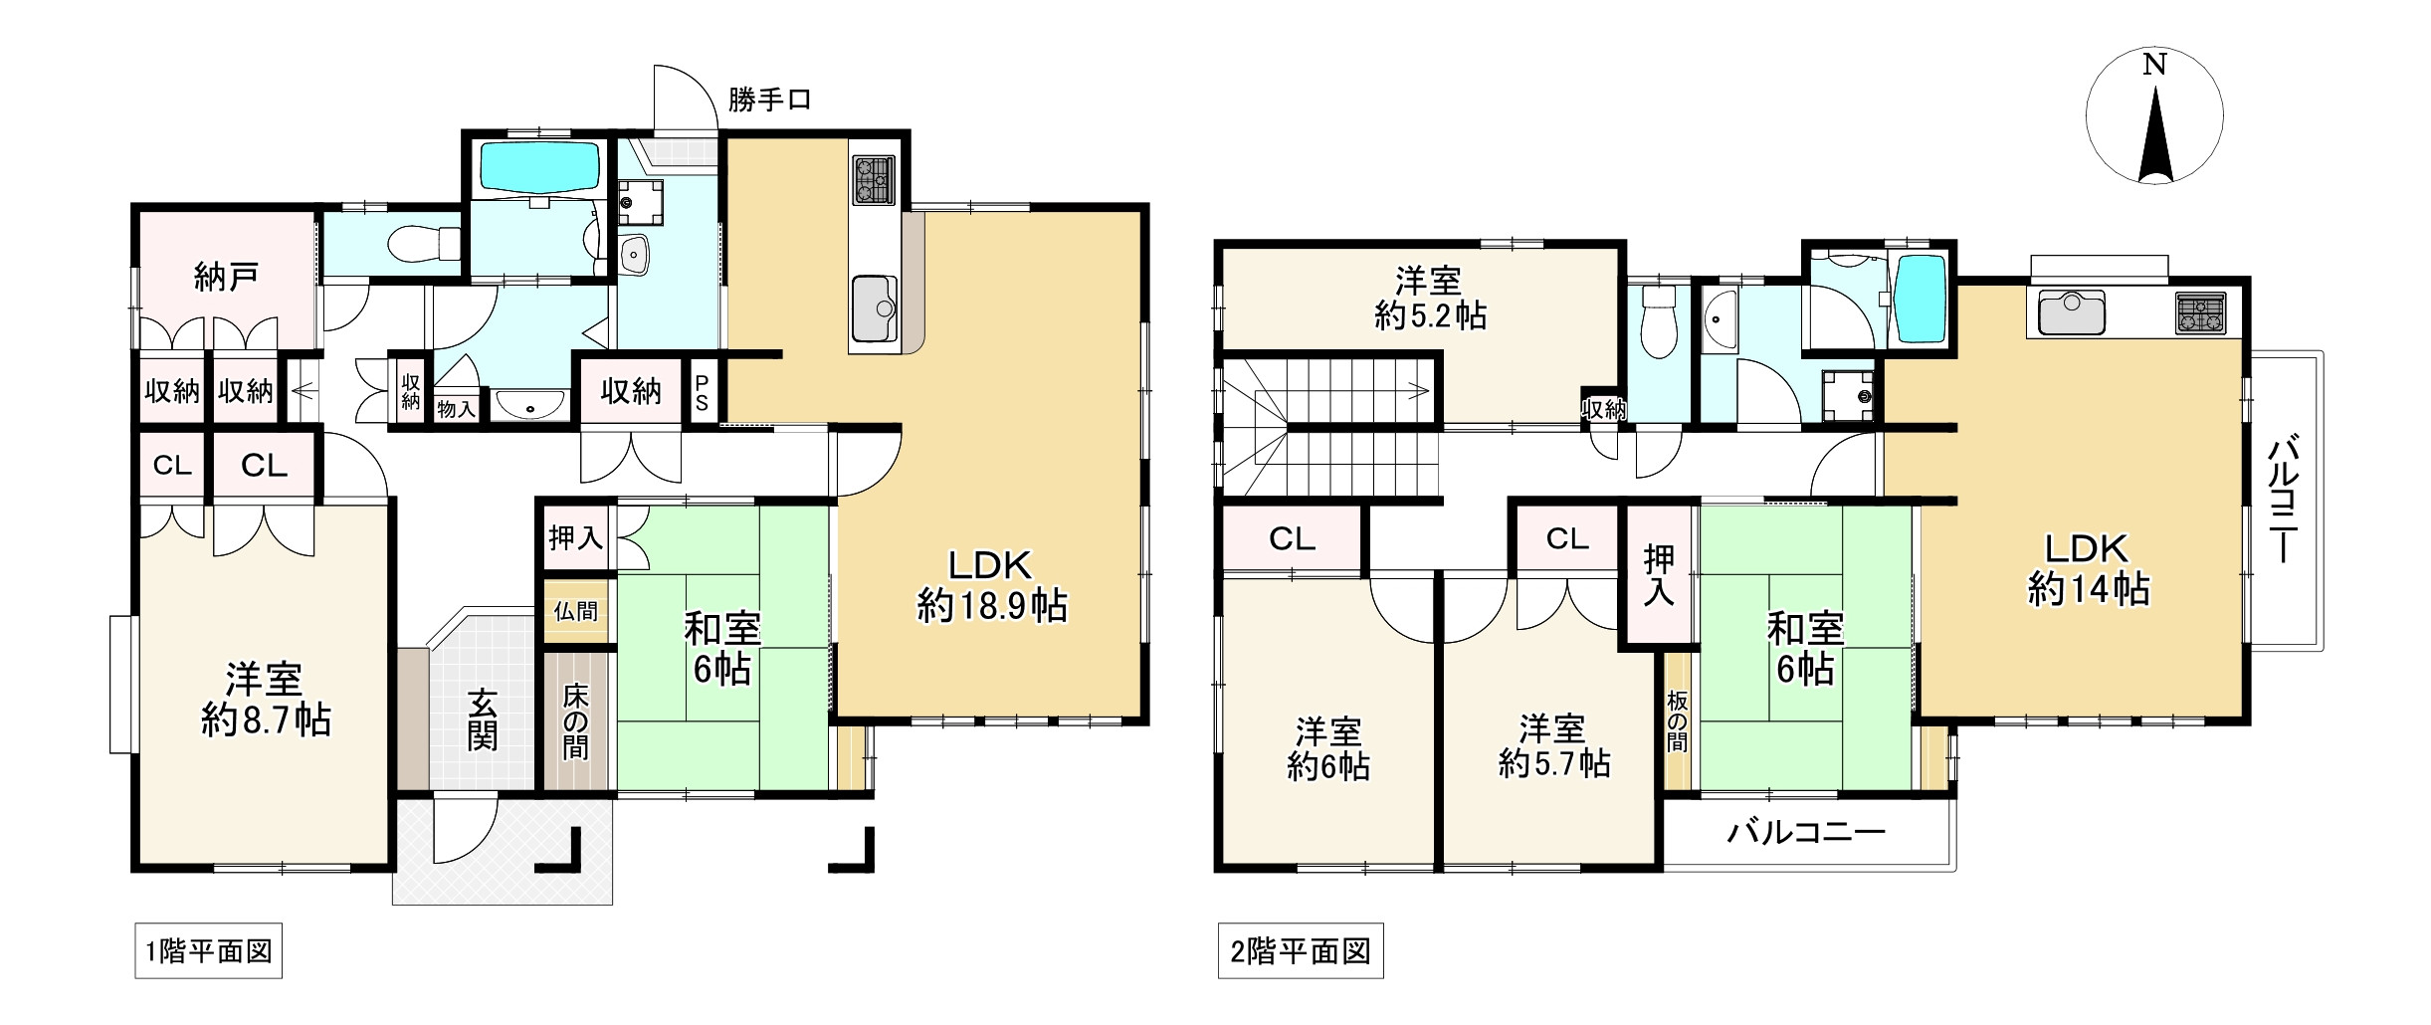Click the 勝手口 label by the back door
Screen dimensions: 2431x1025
(x=770, y=100)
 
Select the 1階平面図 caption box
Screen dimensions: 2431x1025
(x=209, y=951)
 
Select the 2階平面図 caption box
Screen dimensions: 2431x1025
(x=1301, y=952)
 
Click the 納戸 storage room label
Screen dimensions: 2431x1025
(x=226, y=277)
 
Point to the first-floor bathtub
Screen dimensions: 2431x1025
(x=539, y=167)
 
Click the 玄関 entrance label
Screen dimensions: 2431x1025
(x=483, y=719)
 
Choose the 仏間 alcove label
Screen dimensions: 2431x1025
(x=576, y=610)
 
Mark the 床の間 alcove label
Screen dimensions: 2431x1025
(x=575, y=721)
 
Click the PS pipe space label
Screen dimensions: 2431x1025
(x=702, y=392)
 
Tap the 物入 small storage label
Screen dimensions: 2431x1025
(x=457, y=407)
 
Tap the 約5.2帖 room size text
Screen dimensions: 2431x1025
(x=1431, y=316)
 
